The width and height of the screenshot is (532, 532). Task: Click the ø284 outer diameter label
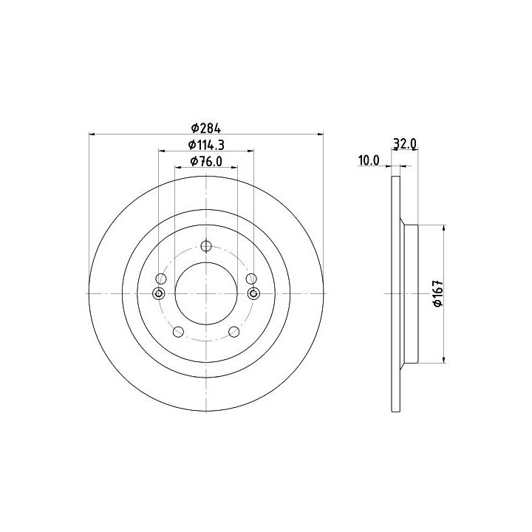click(x=206, y=129)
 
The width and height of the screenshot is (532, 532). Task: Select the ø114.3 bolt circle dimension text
click(x=206, y=146)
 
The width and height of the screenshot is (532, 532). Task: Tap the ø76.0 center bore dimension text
click(x=206, y=162)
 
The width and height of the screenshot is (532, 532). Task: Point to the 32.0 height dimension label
click(x=404, y=144)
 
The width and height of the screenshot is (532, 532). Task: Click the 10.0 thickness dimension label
click(x=369, y=161)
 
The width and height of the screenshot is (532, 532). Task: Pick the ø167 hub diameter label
click(x=438, y=293)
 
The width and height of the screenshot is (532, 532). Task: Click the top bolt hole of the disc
click(x=206, y=246)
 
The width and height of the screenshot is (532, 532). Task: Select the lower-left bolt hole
click(x=179, y=332)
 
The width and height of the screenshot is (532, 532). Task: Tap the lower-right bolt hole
click(x=234, y=332)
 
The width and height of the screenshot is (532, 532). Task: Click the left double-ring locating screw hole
click(x=159, y=293)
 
